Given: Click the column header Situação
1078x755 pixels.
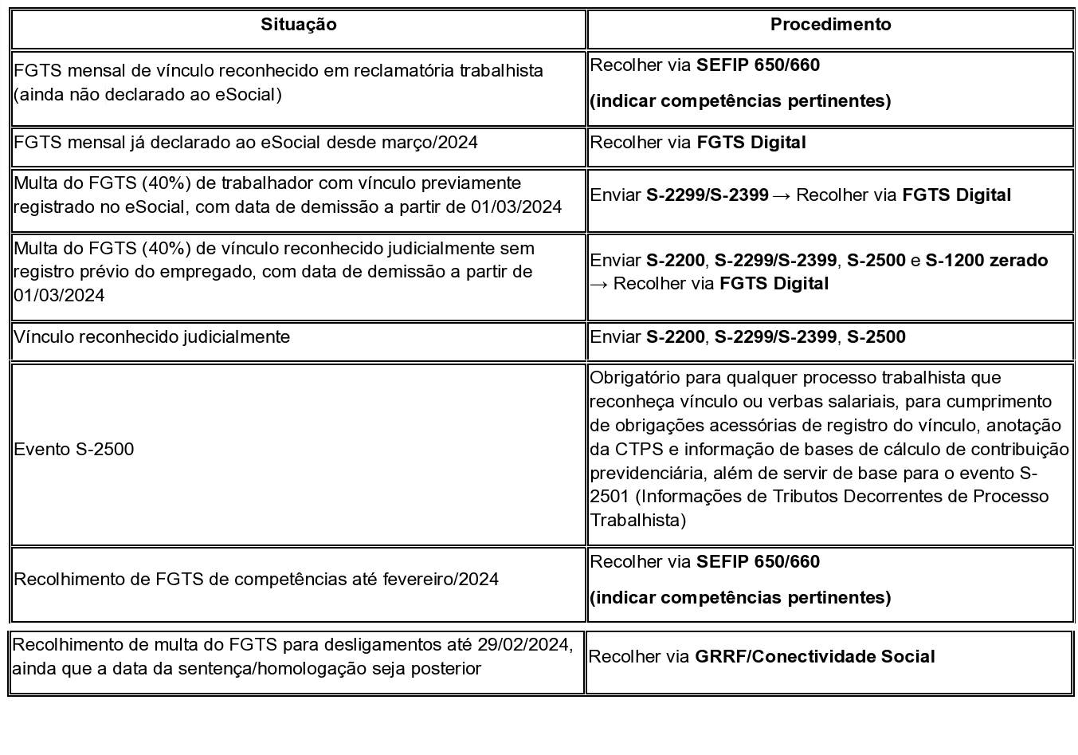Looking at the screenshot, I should tap(298, 25).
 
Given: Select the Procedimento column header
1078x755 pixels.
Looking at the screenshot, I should tap(830, 25).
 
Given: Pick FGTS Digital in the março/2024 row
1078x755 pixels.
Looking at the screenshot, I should tap(751, 143).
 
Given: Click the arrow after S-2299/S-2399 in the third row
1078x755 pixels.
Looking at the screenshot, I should tap(782, 195).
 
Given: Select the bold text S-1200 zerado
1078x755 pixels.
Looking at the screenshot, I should tap(986, 261).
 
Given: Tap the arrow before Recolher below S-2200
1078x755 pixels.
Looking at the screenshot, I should tap(599, 284).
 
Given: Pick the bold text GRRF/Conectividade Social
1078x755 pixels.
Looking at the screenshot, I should tap(815, 657).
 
